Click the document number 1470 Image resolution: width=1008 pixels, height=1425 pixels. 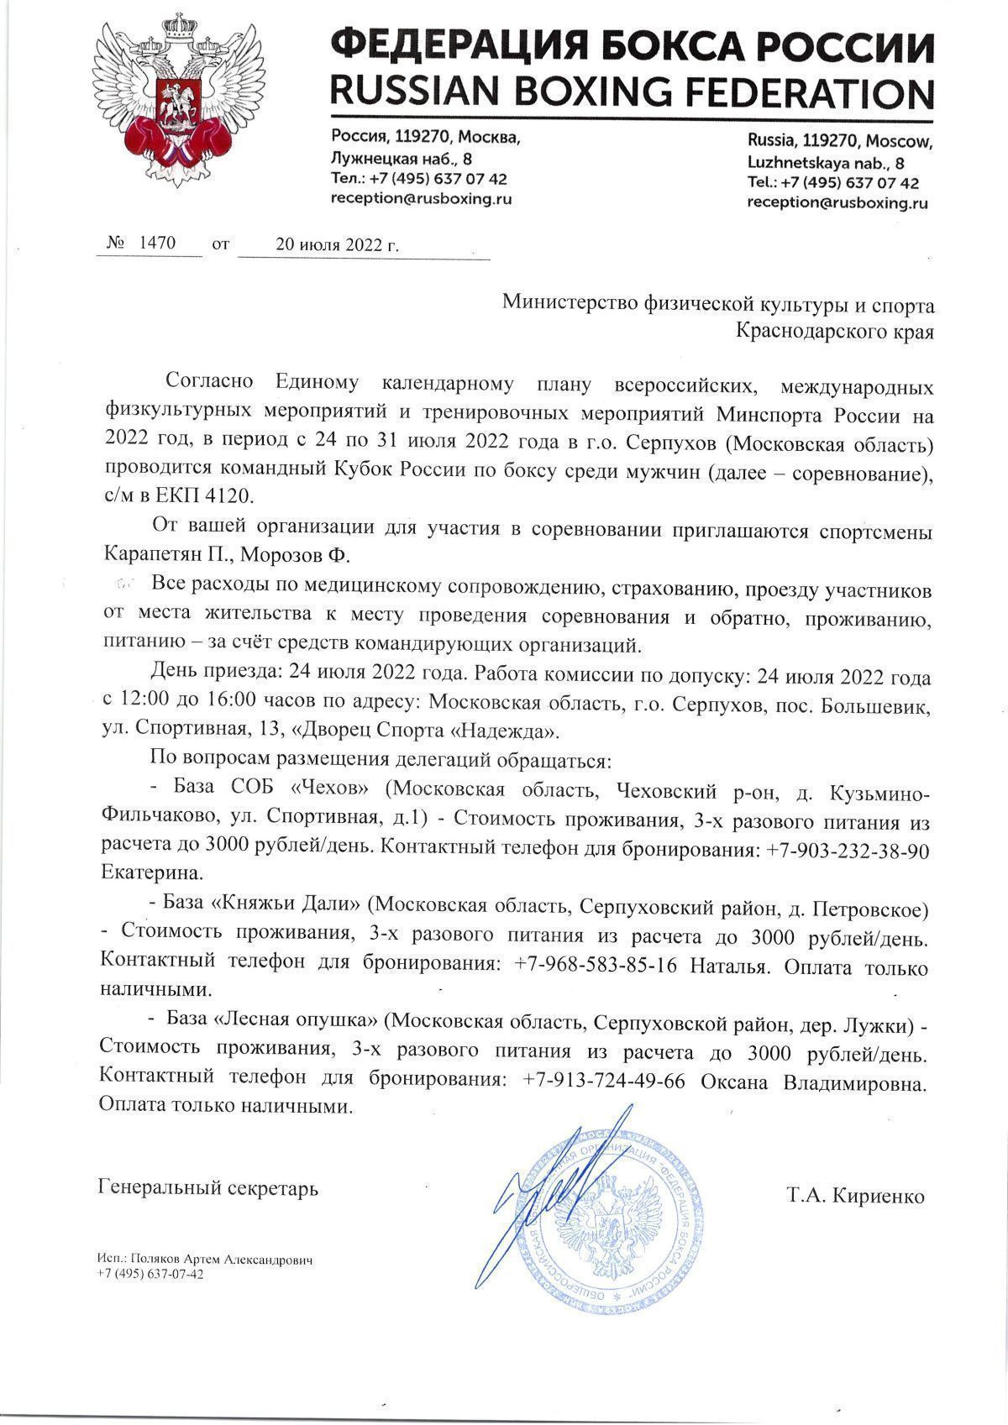(156, 244)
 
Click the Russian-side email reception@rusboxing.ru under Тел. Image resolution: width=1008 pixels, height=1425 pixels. (421, 198)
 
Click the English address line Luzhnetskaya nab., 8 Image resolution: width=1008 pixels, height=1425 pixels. (826, 163)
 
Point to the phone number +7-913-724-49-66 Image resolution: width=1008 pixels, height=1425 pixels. (603, 1082)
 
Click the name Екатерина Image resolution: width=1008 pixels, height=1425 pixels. (150, 872)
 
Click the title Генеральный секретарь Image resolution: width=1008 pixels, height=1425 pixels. (208, 1189)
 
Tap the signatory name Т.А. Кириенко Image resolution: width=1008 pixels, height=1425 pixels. (856, 1196)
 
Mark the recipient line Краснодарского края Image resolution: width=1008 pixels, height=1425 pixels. (834, 332)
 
